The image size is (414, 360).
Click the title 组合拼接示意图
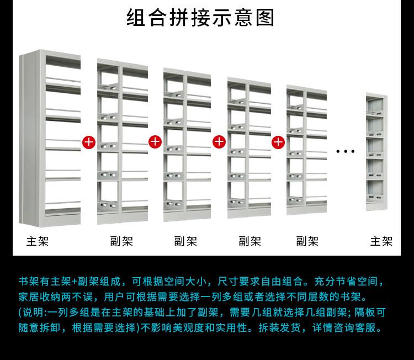[x=200, y=18]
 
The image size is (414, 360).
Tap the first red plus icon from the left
[x=89, y=142]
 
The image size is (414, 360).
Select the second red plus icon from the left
[x=155, y=142]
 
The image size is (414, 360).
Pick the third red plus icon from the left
[x=219, y=142]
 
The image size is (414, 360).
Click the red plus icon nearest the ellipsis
[x=278, y=142]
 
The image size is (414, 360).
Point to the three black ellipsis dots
[x=345, y=151]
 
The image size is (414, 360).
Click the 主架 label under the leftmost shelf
[x=38, y=241]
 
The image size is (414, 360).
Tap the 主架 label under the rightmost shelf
[x=381, y=241]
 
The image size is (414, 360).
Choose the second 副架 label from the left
[x=185, y=241]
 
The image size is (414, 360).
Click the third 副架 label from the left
[x=250, y=241]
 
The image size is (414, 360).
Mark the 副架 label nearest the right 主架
[x=307, y=241]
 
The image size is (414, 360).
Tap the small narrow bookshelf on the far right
[x=376, y=152]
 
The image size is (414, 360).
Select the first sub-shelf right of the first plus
[x=122, y=142]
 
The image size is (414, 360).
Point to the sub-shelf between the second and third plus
[x=187, y=145]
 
